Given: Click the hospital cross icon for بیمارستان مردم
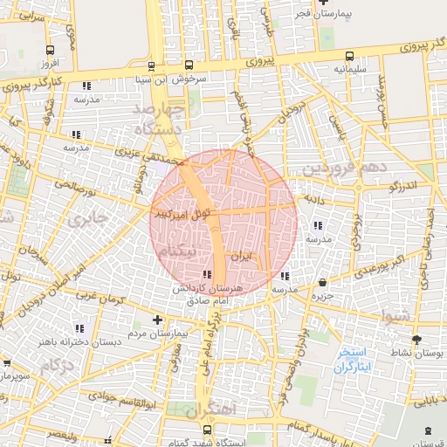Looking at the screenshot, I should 157,320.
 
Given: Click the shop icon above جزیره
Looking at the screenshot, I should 325,283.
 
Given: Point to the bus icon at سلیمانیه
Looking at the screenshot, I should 349,54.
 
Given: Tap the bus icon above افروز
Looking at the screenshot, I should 48,51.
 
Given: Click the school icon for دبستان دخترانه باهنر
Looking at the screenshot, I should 79,328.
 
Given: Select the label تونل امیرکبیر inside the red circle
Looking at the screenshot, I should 181,213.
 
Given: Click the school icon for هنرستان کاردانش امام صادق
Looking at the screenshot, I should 206,276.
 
